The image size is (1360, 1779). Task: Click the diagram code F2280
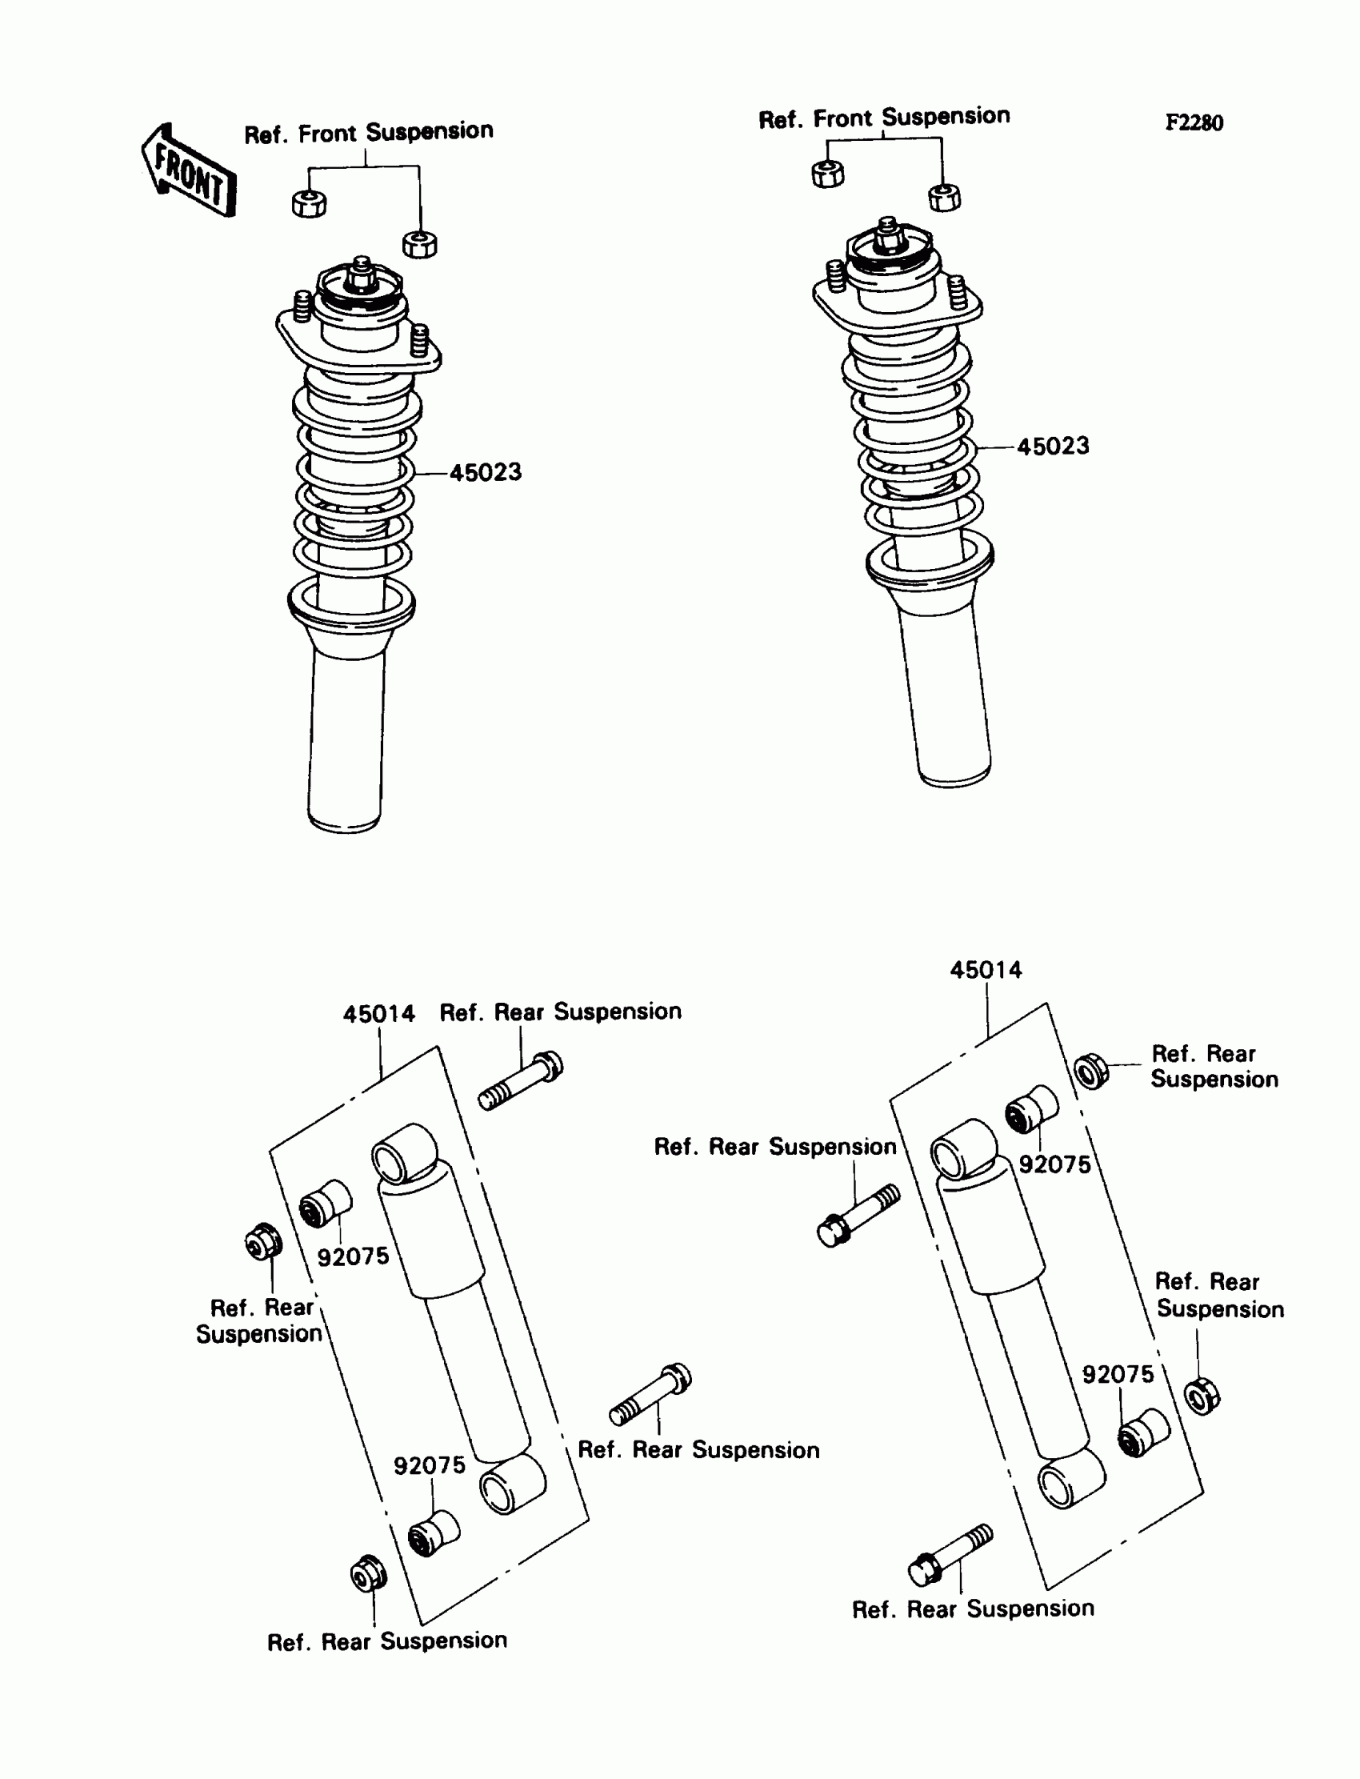click(1194, 123)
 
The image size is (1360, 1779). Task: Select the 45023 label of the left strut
click(485, 473)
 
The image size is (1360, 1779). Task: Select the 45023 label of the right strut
click(1052, 447)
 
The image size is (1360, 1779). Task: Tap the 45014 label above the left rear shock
click(378, 1014)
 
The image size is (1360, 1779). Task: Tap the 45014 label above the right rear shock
click(985, 970)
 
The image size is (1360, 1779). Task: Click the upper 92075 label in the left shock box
click(352, 1256)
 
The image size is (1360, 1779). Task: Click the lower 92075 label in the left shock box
click(429, 1465)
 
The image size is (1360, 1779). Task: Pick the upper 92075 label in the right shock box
click(1054, 1164)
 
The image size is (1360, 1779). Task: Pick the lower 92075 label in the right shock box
click(1118, 1374)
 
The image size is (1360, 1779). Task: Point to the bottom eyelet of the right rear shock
click(1070, 1480)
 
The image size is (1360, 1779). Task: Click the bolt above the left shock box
click(522, 1080)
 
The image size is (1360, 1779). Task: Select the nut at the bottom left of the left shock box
click(367, 1575)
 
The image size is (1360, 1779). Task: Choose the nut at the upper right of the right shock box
click(1091, 1072)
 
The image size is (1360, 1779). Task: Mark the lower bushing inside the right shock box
click(1143, 1433)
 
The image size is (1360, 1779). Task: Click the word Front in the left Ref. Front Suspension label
click(326, 134)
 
